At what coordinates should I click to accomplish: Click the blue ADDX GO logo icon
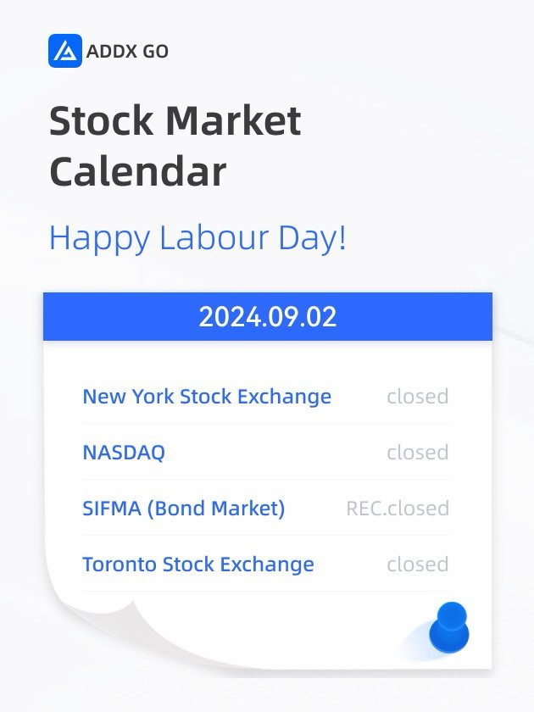[x=65, y=51]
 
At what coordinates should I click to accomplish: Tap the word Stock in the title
[x=101, y=120]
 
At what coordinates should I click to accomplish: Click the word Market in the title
[x=233, y=120]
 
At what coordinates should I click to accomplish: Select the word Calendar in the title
[x=137, y=171]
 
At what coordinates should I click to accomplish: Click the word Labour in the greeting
[x=214, y=237]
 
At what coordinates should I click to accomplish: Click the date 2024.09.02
[x=268, y=317]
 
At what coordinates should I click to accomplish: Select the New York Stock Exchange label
[x=207, y=397]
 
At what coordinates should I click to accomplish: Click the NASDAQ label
[x=124, y=453]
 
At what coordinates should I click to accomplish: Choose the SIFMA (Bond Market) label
[x=184, y=509]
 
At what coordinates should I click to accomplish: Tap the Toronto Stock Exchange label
[x=198, y=565]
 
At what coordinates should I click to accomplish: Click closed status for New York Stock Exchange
[x=418, y=397]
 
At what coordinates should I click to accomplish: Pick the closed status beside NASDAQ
[x=418, y=453]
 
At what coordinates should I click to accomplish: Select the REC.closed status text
[x=398, y=509]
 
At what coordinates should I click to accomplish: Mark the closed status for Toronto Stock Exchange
[x=418, y=565]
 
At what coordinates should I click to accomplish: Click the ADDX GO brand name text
[x=127, y=52]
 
